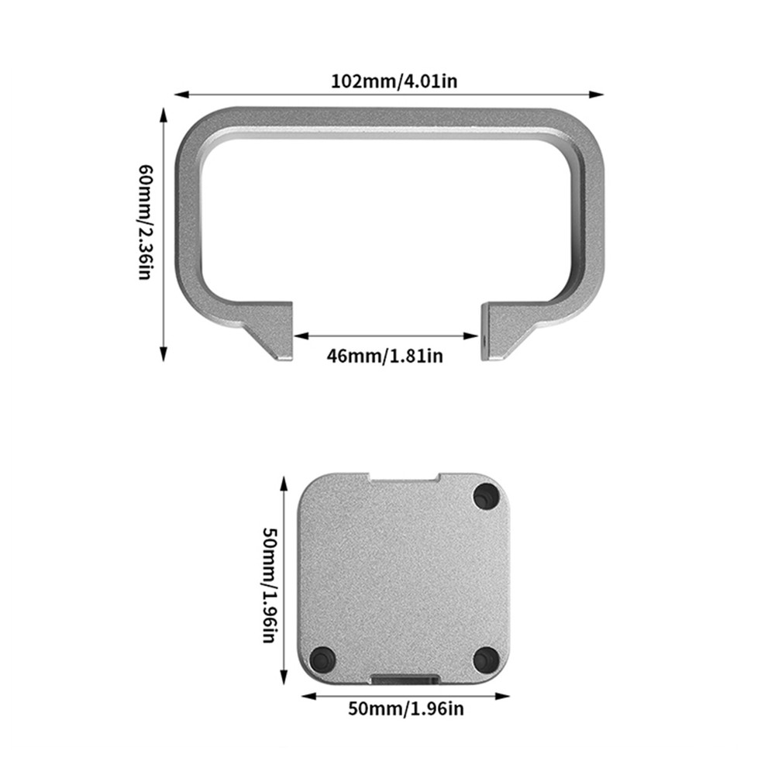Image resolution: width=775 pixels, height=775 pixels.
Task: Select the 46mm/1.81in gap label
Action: [x=385, y=356]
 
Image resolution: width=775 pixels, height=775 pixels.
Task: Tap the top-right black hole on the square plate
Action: [x=486, y=494]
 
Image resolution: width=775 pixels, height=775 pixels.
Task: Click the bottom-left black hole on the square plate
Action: [x=320, y=660]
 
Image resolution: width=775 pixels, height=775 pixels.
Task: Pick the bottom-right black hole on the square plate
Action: [x=485, y=659]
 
